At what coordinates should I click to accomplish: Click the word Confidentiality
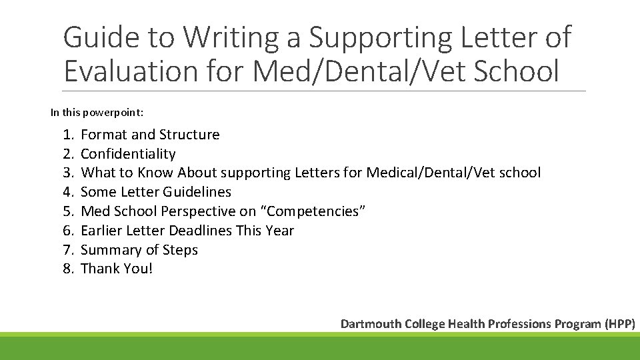click(x=128, y=154)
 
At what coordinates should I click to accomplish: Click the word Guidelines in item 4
click(x=200, y=192)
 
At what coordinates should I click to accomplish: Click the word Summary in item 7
click(x=110, y=250)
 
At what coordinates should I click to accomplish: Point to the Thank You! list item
click(x=117, y=269)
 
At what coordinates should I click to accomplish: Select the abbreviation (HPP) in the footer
click(x=620, y=324)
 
